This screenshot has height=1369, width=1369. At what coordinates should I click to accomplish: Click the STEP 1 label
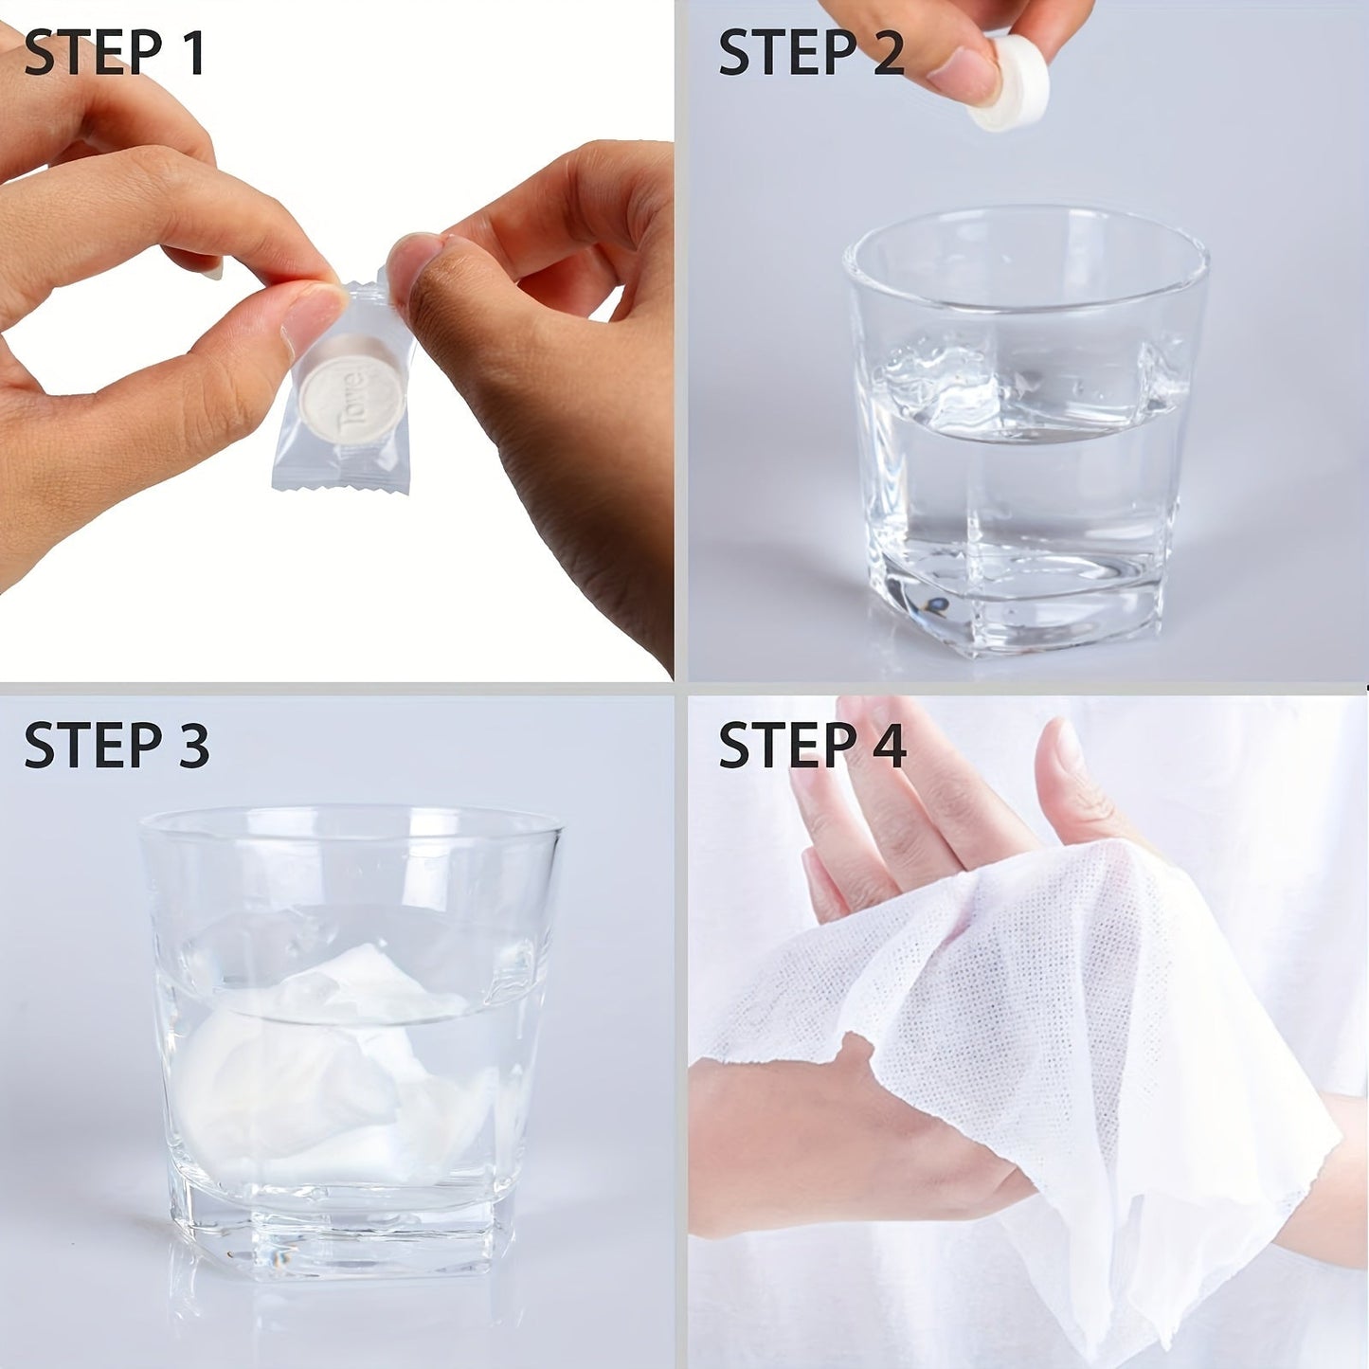tap(115, 53)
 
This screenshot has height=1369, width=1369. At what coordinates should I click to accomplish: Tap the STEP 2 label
tap(811, 53)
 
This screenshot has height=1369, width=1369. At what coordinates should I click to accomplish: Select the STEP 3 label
tap(116, 745)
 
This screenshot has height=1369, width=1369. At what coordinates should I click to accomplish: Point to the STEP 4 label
tap(812, 745)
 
